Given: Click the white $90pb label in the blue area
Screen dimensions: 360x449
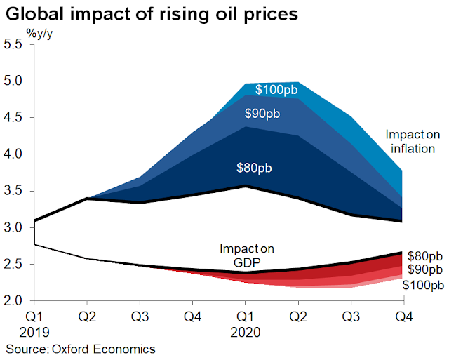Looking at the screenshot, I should (263, 114).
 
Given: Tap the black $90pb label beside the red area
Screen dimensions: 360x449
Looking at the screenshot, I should (425, 270).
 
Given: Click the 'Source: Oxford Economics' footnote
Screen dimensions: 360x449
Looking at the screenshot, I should (81, 348).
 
